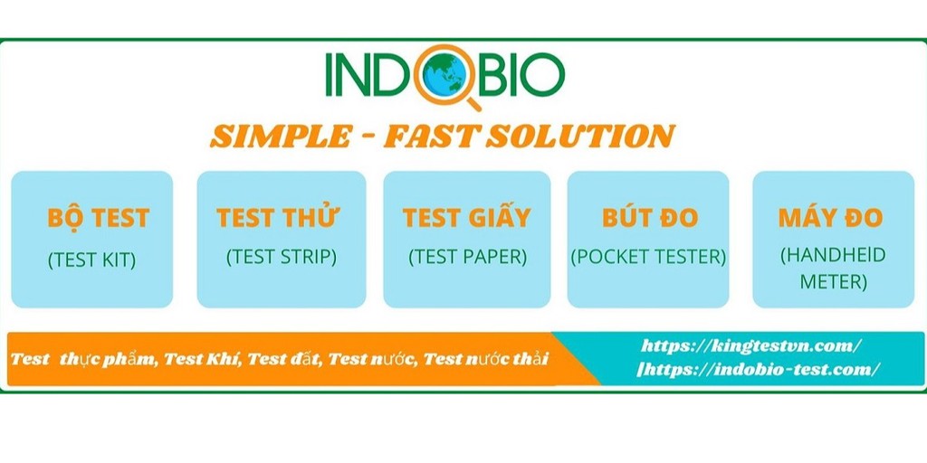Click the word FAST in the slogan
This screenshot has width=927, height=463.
point(430,137)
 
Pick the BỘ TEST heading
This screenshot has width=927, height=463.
point(98,218)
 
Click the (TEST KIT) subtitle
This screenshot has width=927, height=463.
point(91,260)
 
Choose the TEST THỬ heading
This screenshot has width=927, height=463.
point(277,217)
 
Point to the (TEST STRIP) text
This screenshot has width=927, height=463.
point(282,257)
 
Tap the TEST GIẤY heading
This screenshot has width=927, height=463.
point(466,217)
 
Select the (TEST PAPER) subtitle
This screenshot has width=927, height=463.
point(468,257)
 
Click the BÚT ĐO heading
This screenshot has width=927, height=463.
point(650,217)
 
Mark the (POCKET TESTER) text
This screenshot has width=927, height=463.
point(648,257)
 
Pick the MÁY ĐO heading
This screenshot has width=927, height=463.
point(831,217)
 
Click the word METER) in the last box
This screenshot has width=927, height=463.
point(834,282)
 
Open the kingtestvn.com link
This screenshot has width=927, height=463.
point(750,346)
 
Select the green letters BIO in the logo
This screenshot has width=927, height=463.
point(521,76)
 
